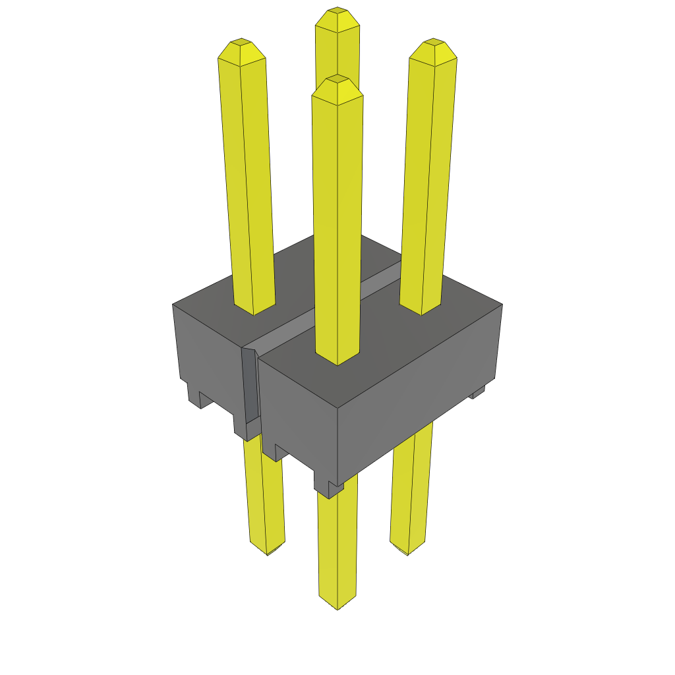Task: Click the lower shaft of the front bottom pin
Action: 337,547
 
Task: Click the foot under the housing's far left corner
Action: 194,396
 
